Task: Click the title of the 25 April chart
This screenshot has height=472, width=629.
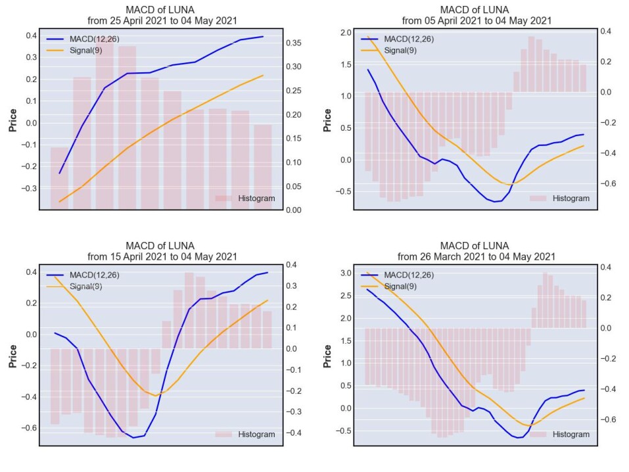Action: point(162,15)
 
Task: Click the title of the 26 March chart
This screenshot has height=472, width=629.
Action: point(476,251)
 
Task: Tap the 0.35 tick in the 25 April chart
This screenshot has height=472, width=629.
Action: point(294,43)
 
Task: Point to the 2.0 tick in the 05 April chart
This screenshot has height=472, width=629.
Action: point(346,32)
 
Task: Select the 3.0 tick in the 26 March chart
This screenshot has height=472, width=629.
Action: point(346,273)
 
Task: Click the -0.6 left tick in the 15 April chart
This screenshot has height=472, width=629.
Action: point(29,428)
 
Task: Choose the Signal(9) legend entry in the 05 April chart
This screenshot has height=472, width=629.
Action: point(388,51)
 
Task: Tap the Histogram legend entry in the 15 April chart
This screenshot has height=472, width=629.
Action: point(245,435)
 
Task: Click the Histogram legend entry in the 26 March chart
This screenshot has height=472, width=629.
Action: point(559,435)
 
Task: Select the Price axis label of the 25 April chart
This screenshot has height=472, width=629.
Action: point(13,120)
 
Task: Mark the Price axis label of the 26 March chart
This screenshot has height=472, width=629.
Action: point(327,356)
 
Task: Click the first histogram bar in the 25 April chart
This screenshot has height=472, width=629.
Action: point(59,179)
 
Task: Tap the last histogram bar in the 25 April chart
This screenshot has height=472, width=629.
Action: point(263,168)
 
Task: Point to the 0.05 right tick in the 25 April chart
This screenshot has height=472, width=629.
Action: point(294,187)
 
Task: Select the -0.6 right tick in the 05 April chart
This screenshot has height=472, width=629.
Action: point(608,183)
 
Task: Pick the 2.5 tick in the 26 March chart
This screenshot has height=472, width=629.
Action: point(346,296)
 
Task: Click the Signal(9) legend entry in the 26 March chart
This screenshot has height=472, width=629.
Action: point(388,287)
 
